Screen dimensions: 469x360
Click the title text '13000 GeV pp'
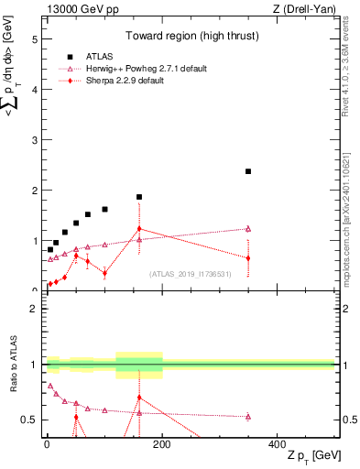80,8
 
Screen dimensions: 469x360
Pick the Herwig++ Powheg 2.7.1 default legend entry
149,69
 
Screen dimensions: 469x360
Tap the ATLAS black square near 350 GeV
248,171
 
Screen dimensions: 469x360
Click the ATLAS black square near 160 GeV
139,197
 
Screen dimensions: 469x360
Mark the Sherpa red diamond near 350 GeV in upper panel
248,258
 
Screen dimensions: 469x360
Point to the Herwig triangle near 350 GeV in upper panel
248,229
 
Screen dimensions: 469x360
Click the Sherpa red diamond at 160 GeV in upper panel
139,229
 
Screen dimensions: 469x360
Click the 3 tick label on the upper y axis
34,140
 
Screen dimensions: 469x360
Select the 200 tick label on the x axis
162,443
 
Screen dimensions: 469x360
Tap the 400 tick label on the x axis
278,443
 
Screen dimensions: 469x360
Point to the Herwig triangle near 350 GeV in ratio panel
248,416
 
